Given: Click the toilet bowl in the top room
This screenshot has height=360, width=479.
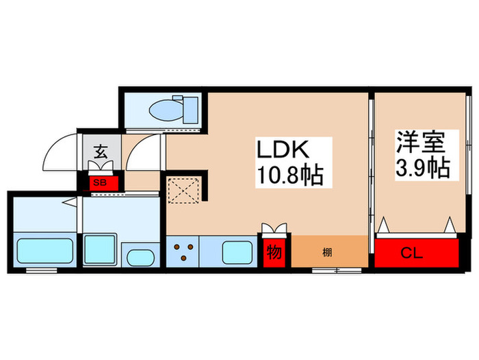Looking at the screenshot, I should click(x=167, y=109).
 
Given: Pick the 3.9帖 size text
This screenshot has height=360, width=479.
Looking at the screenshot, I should click(x=422, y=169).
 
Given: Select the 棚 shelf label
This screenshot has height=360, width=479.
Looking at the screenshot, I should click(x=327, y=252).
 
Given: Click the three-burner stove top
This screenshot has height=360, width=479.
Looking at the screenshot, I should click(x=183, y=252).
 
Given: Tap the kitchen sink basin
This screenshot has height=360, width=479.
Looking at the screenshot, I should click(x=239, y=252).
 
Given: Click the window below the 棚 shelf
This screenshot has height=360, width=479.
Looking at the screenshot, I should click(x=335, y=270).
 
